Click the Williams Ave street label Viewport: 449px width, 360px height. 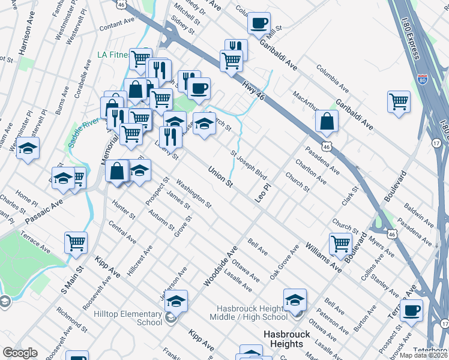point(323,258)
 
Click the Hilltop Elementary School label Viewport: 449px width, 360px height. point(128,318)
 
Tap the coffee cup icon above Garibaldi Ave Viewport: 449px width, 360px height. point(259,23)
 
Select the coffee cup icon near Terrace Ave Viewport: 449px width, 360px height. point(411,310)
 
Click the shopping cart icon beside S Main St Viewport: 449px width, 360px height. point(76,242)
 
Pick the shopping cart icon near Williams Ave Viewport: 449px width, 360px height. point(340,244)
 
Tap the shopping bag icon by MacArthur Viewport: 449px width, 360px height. point(326,121)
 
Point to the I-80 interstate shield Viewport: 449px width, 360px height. point(423,79)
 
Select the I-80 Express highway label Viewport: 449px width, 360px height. point(409,29)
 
